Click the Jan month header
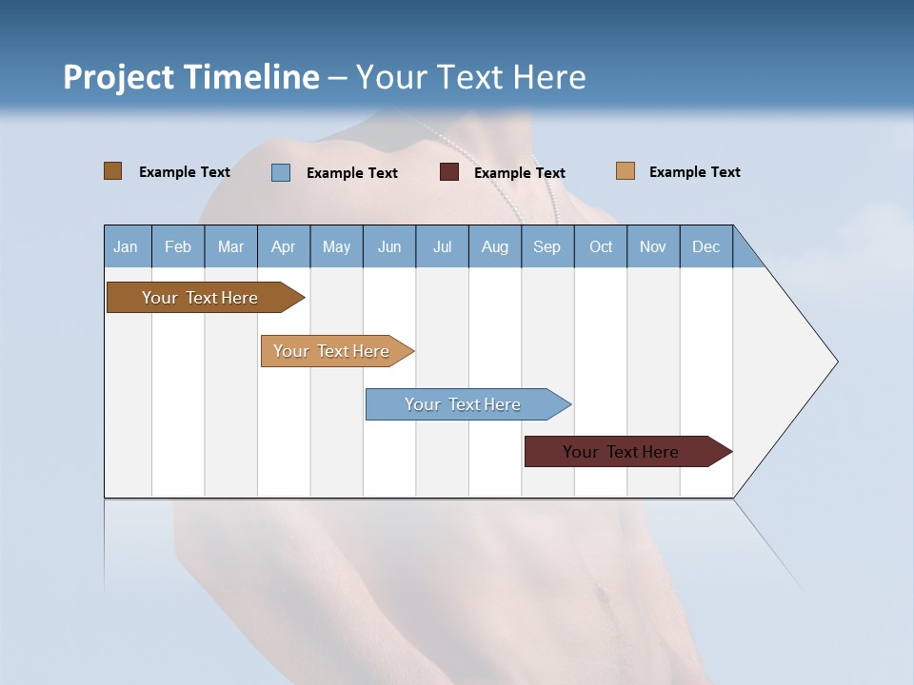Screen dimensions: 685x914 tap(127, 246)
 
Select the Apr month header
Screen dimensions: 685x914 tap(284, 246)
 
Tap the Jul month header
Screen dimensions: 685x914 tap(442, 246)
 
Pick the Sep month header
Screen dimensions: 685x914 tap(547, 246)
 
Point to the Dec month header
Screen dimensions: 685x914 tap(705, 246)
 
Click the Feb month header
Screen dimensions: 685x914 tap(178, 246)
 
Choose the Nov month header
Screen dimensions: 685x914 tap(653, 246)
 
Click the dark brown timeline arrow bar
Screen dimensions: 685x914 tap(201, 298)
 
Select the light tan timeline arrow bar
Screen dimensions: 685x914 tap(333, 351)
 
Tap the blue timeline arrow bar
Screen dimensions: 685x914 tap(464, 404)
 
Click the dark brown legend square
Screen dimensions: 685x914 tap(112, 171)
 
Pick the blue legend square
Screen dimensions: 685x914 tap(281, 172)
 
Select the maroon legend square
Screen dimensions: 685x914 tap(449, 172)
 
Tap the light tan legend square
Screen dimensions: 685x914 tap(626, 171)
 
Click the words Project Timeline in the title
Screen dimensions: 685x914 tap(190, 77)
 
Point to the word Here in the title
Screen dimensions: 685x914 tap(549, 77)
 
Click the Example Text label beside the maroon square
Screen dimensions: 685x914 tap(520, 173)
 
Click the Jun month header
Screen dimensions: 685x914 tap(389, 246)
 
